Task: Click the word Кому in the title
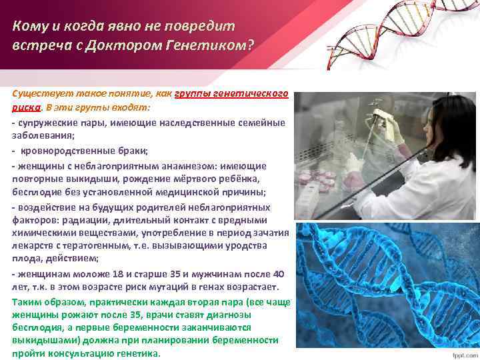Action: coord(29,27)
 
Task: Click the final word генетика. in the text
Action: coord(137,353)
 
